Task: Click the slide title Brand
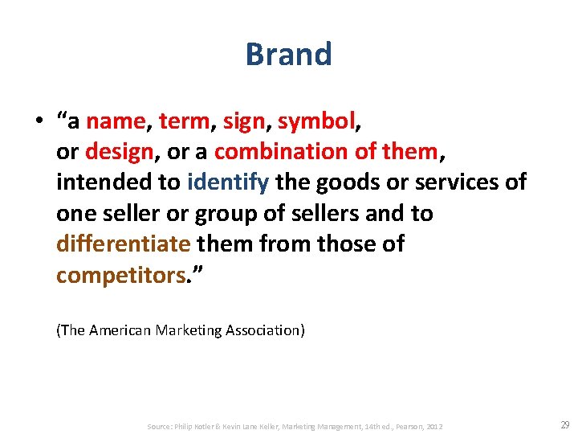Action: [x=288, y=55]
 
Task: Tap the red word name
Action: [x=116, y=121]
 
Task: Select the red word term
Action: [x=184, y=121]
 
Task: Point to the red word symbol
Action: [x=315, y=121]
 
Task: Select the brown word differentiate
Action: [x=123, y=244]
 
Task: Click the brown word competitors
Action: [x=120, y=275]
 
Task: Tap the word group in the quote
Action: [x=239, y=214]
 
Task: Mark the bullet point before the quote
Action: [x=39, y=122]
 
